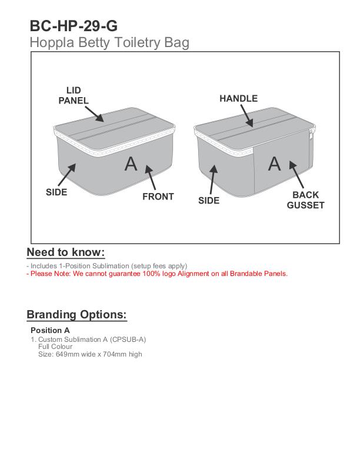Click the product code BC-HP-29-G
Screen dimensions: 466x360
[x=74, y=26]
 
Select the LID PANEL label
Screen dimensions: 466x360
[x=73, y=95]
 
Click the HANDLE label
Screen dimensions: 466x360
[x=238, y=98]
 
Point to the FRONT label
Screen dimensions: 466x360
[x=158, y=197]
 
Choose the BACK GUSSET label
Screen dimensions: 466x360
[x=305, y=200]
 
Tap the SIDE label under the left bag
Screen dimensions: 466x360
[x=56, y=192]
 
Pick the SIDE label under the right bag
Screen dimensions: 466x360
[x=208, y=200]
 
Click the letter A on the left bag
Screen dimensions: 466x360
[x=131, y=164]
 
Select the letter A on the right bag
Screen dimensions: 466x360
[x=274, y=164]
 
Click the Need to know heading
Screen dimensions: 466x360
[x=65, y=252]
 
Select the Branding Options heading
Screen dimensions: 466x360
[x=76, y=314]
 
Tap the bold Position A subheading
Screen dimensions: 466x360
[x=50, y=330]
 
